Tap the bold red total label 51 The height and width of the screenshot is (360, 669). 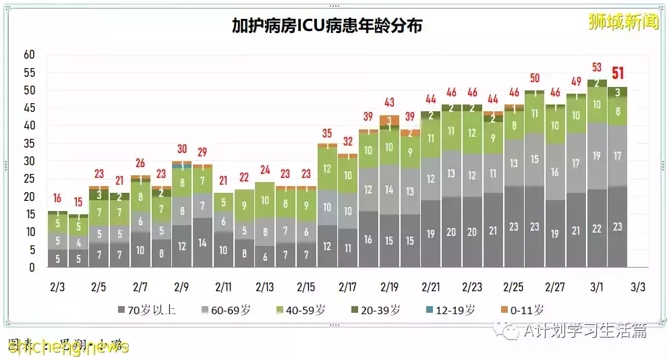618,73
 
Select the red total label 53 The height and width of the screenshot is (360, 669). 597,67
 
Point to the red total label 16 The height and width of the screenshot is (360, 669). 57,198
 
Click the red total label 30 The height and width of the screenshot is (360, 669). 181,149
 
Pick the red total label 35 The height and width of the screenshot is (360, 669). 327,133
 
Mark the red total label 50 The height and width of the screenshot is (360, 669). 535,78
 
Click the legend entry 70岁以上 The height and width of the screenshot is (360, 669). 146,310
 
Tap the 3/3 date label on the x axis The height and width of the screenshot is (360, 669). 638,287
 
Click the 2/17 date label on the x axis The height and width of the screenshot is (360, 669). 347,287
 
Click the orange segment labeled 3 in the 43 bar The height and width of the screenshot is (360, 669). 389,120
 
